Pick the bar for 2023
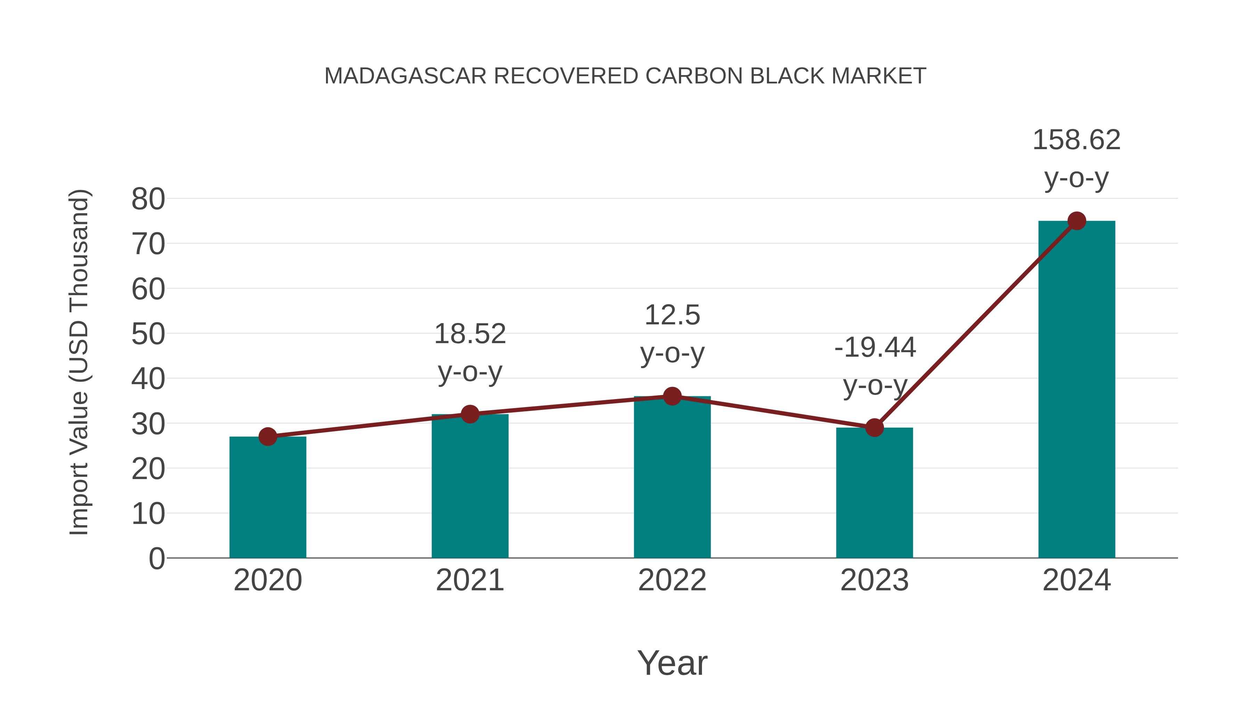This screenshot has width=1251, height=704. pos(874,493)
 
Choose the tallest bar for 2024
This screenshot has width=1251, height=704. pos(1077,389)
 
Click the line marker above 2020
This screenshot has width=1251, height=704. pos(268,437)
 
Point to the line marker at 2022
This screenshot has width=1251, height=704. pos(672,396)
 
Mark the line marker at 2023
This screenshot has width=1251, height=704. pos(874,428)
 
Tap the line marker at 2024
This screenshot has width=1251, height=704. pos(1077,221)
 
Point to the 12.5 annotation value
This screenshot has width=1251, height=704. pos(672,315)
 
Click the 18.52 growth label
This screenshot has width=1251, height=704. pos(469,334)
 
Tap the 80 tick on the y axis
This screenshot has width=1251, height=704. pos(148,199)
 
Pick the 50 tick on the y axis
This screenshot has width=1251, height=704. pos(148,334)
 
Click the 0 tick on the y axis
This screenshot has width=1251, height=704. pos(156,559)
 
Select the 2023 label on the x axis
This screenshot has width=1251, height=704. pos(874,580)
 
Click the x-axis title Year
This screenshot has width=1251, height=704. pos(672,663)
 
